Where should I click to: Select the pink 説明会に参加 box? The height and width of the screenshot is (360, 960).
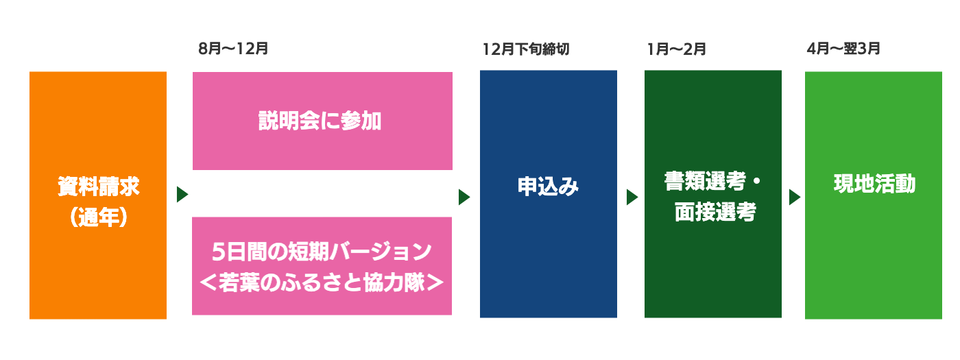tap(322, 121)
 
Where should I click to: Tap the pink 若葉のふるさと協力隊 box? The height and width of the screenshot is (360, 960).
tap(322, 267)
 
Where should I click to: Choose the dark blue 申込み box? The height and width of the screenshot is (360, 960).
tap(548, 194)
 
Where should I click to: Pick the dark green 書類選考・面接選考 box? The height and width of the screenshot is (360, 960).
tap(712, 194)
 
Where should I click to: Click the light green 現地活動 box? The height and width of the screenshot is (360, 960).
tap(872, 195)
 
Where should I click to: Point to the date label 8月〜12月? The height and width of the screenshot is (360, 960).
tap(233, 49)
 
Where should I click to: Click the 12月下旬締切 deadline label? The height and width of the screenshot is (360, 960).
tap(526, 49)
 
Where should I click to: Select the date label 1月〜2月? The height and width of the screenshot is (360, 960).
tap(676, 49)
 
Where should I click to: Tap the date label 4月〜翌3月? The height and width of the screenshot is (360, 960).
tap(843, 49)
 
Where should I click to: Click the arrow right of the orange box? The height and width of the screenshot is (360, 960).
tap(182, 195)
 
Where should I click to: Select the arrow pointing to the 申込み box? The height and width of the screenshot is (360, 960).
tap(464, 197)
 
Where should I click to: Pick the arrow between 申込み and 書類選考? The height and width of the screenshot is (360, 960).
tap(632, 197)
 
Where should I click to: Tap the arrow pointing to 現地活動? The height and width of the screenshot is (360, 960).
tap(794, 197)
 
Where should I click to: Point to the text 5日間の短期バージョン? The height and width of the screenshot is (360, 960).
tap(322, 252)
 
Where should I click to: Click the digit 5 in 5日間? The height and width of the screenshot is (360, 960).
tap(218, 252)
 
